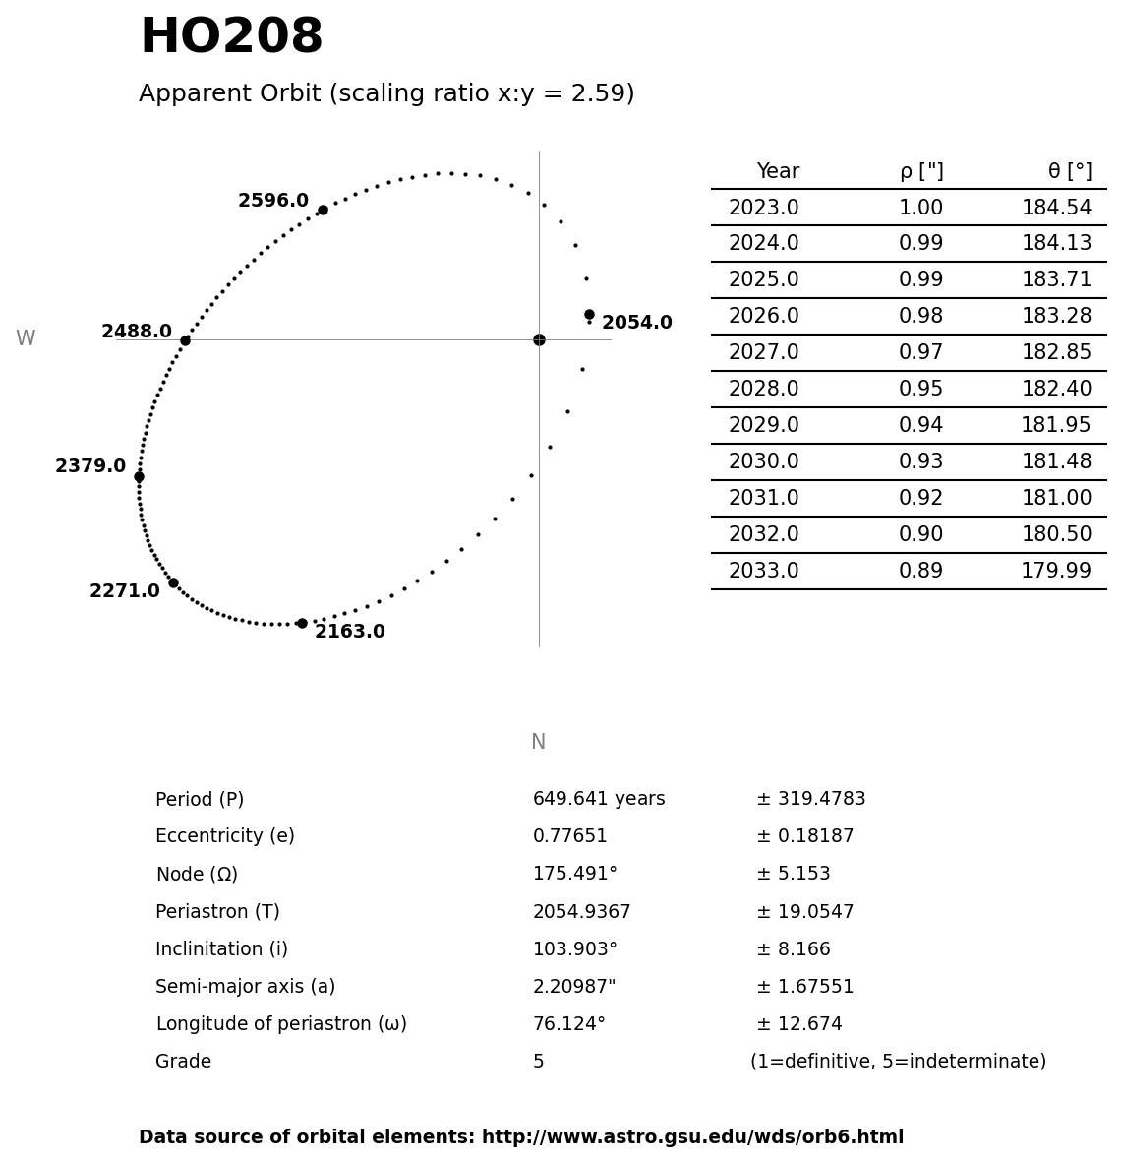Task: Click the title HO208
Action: tap(231, 38)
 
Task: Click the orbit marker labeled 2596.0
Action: tap(323, 210)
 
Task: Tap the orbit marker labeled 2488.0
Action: tap(185, 340)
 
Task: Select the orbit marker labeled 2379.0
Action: tap(139, 477)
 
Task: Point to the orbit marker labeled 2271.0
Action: tap(173, 583)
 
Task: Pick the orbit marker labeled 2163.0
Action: tap(302, 623)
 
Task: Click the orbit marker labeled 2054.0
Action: tap(589, 315)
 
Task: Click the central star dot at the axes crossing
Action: tap(539, 339)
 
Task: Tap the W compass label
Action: tap(26, 339)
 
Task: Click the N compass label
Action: tap(538, 743)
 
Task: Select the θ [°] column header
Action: tap(1069, 172)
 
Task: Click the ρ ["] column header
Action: tap(920, 172)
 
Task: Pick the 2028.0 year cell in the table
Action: tap(763, 390)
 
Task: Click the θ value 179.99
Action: tap(1055, 572)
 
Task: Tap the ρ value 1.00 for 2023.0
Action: tap(920, 209)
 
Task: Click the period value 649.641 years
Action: tap(599, 800)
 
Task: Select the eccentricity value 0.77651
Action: tap(569, 837)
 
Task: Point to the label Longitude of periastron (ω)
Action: tap(281, 1024)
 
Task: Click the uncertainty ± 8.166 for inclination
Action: tap(793, 949)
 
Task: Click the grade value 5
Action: tap(538, 1063)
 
